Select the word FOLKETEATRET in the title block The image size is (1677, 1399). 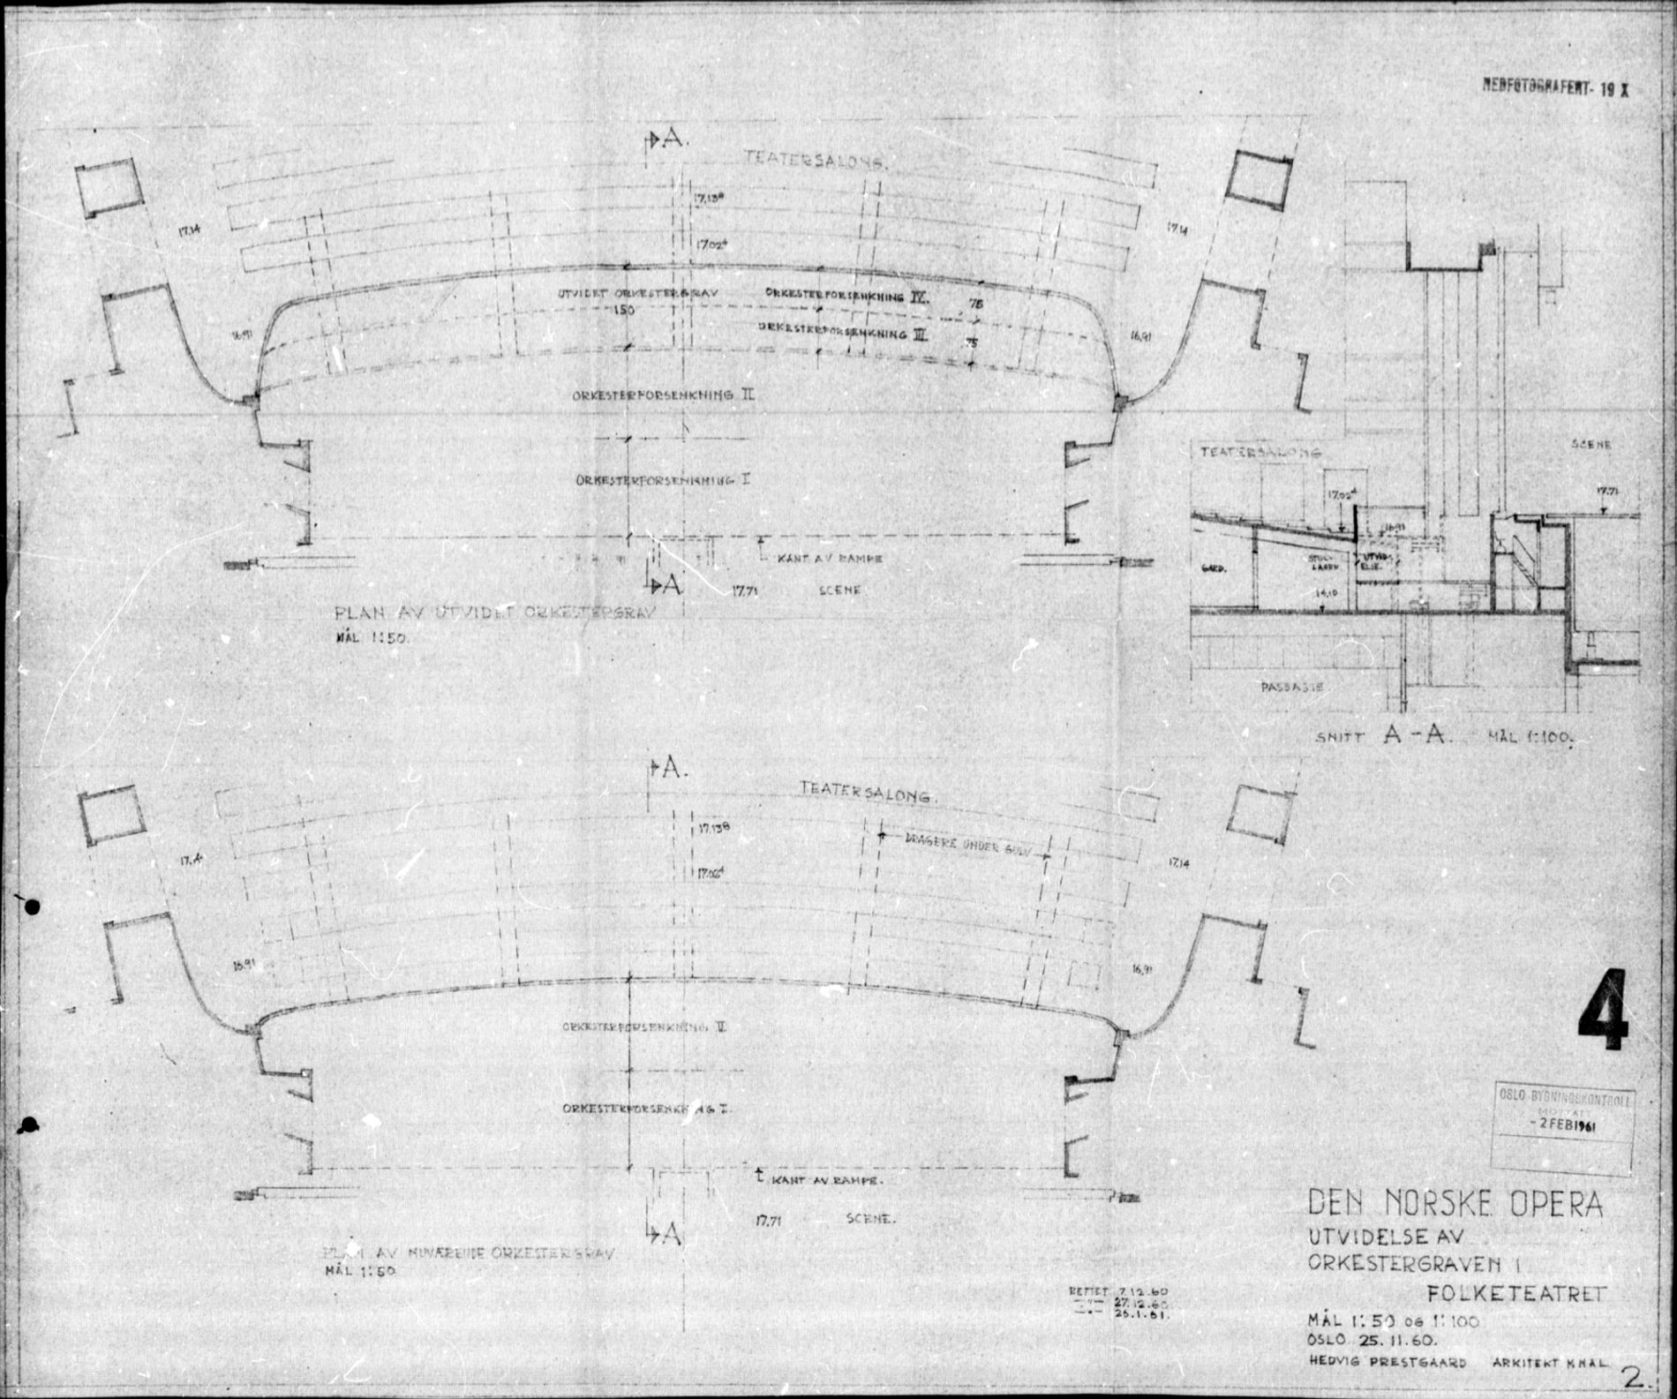click(x=1516, y=1295)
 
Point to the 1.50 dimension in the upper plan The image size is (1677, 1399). click(x=624, y=311)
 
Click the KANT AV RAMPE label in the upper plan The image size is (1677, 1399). click(x=830, y=559)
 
